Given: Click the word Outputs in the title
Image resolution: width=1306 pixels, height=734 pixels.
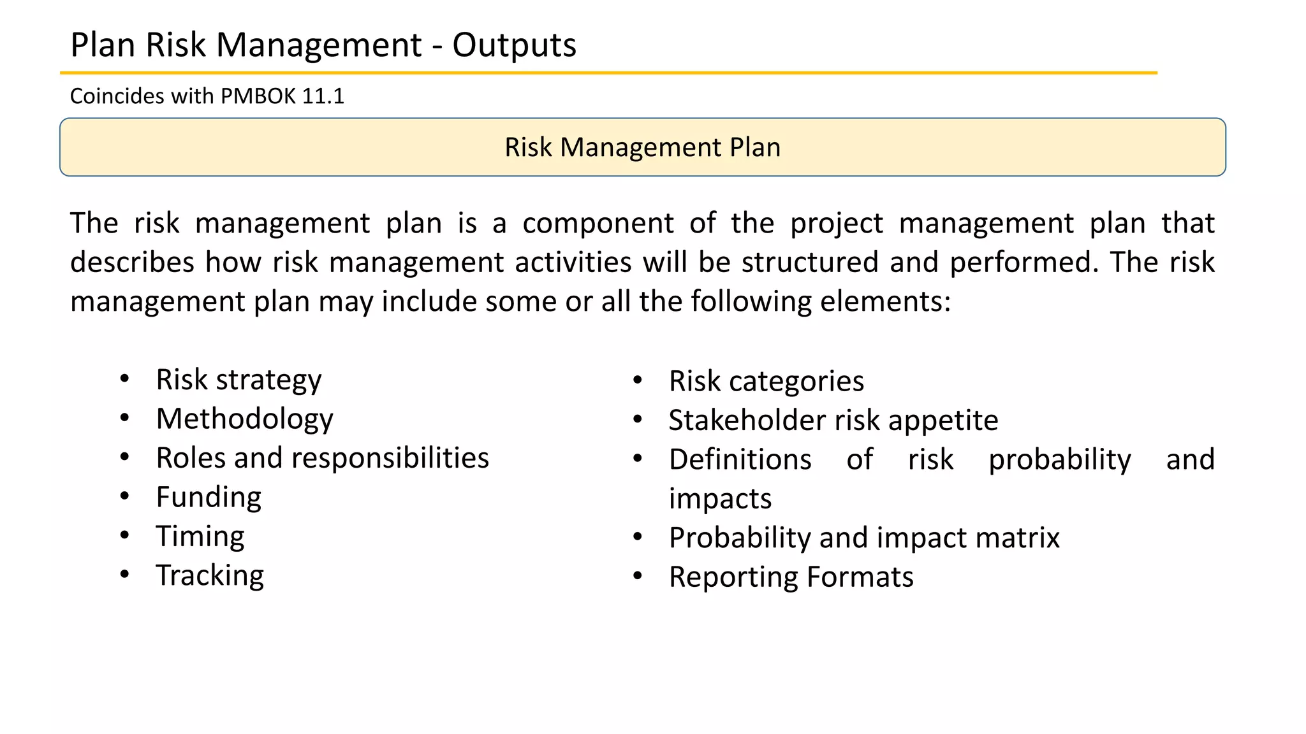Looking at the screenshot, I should pyautogui.click(x=514, y=46).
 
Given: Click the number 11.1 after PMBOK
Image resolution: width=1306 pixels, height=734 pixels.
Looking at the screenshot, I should pyautogui.click(x=323, y=96).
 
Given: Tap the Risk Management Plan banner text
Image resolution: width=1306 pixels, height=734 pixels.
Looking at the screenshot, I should pyautogui.click(x=642, y=147).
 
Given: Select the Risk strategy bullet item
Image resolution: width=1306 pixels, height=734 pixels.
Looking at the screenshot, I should pyautogui.click(x=238, y=380).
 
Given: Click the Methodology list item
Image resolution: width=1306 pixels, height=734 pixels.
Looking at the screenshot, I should pyautogui.click(x=244, y=419).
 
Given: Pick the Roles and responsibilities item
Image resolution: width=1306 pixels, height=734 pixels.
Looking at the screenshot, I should pyautogui.click(x=322, y=458).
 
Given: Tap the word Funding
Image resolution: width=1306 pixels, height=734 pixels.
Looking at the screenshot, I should pyautogui.click(x=209, y=498).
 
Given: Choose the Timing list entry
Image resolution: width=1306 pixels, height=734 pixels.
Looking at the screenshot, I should pyautogui.click(x=200, y=536).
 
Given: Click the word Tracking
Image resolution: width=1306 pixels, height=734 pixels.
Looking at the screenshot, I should pyautogui.click(x=210, y=575).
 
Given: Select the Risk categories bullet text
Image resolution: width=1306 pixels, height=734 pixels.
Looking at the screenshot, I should pyautogui.click(x=766, y=382).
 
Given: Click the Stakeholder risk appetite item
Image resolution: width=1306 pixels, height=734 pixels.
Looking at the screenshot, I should pyautogui.click(x=833, y=421).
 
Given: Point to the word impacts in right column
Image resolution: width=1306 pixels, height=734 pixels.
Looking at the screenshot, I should pyautogui.click(x=720, y=499).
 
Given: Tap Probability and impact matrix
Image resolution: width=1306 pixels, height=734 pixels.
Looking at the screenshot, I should pyautogui.click(x=863, y=538).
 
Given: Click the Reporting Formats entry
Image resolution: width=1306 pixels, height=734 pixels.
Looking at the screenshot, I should pyautogui.click(x=791, y=577).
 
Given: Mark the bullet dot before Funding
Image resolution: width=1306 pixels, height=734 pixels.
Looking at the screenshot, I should pyautogui.click(x=125, y=496).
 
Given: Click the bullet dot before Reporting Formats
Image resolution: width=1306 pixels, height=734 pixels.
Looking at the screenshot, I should pyautogui.click(x=638, y=577).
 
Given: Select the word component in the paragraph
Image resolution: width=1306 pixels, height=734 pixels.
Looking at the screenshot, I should pyautogui.click(x=598, y=224).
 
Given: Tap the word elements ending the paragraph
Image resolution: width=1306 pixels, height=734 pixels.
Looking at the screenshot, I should pyautogui.click(x=884, y=301).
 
